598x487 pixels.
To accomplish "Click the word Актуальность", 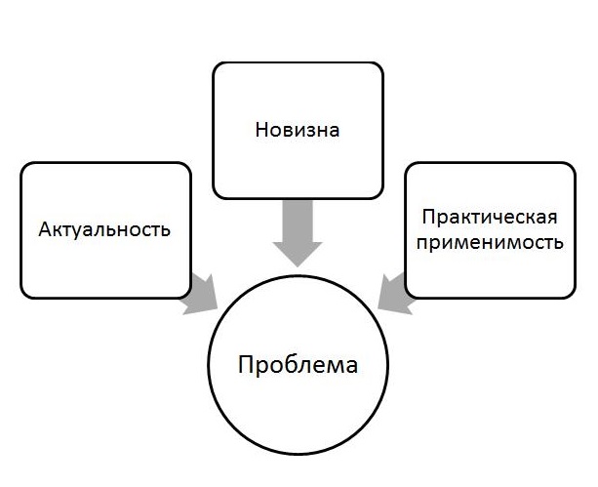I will coord(105,230).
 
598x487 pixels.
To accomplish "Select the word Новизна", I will coord(298,129).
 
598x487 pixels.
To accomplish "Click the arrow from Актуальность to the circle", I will coord(203,294).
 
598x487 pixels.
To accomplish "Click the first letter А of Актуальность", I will coord(45,230).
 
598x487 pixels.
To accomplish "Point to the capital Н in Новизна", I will coord(261,129).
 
